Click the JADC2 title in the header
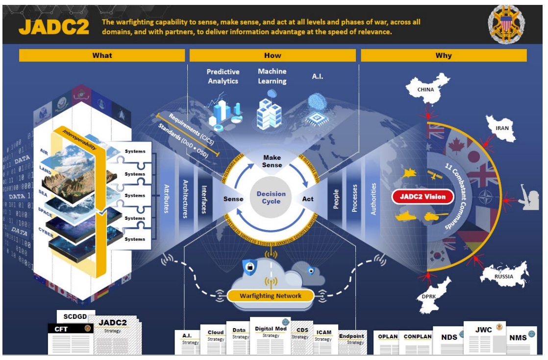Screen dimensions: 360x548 coord(54,26)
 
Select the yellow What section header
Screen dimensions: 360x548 coord(102,55)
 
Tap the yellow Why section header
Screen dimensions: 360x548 coord(443,55)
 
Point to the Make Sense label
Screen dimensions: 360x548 coord(272,161)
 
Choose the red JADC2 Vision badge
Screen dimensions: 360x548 coord(423,197)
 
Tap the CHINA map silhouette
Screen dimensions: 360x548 coord(428,89)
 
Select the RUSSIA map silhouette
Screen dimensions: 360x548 coord(503,275)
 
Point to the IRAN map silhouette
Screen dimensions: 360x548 coord(501,128)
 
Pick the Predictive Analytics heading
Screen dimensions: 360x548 coord(223,76)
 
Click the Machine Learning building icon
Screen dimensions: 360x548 coord(270,112)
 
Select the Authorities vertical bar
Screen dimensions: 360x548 coord(374,199)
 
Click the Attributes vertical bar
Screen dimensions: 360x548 coord(167,199)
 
